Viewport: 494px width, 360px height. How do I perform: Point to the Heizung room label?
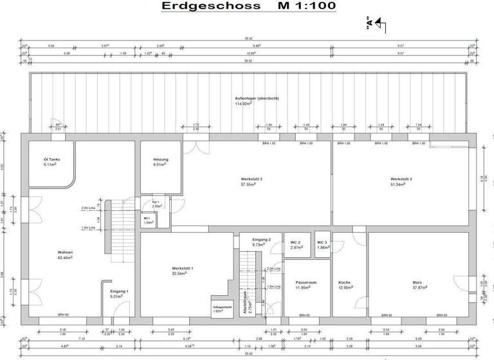[161, 159]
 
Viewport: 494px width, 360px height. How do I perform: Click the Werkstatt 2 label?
[252, 179]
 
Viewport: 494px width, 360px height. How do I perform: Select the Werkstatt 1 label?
[183, 268]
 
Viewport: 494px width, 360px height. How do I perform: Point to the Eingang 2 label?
[261, 239]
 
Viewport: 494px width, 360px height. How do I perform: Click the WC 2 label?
[296, 242]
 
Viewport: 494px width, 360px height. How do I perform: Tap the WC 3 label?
[322, 242]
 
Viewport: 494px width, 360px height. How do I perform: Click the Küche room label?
[345, 282]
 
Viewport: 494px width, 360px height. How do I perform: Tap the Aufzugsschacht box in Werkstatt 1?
[221, 308]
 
